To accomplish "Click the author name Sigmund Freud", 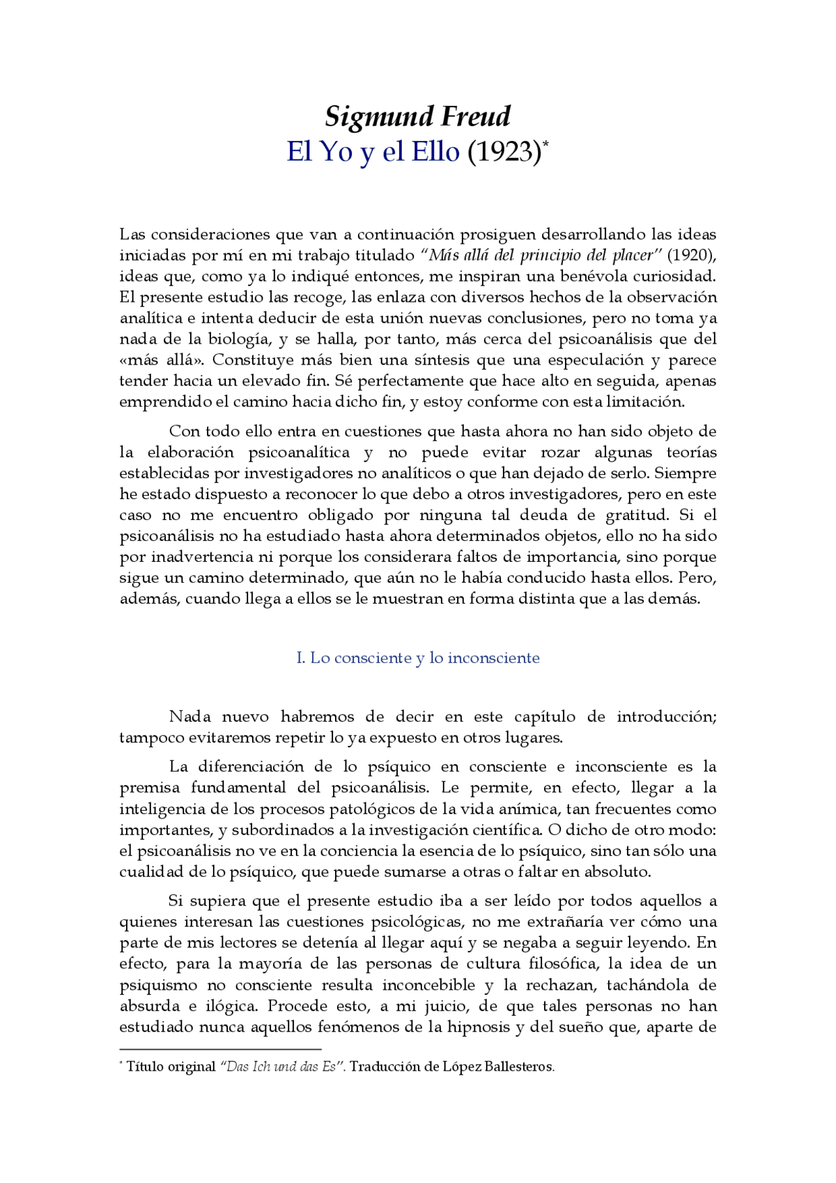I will coord(417,117).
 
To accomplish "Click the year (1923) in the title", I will coord(504,152).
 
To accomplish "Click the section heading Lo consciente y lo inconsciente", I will coord(425,658).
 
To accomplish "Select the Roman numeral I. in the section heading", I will coord(300,658).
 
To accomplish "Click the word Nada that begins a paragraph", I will coord(189,717).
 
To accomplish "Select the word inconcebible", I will coord(428,985).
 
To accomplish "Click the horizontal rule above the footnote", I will coord(220,1048).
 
